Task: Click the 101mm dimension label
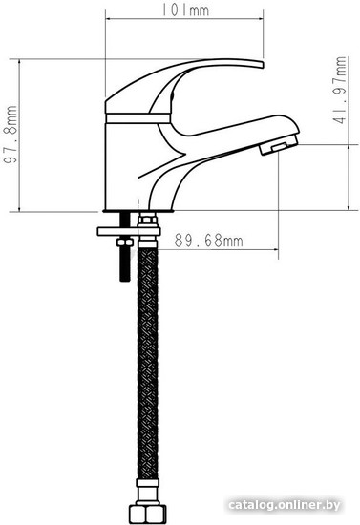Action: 185,10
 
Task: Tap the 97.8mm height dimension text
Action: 11,135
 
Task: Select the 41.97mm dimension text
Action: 341,91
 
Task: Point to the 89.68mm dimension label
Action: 208,241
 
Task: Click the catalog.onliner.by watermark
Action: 284,505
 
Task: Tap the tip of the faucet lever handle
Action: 262,64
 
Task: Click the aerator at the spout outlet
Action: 279,145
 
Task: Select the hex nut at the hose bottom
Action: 148,514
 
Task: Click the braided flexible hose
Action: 147,364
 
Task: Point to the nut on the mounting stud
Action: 124,241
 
